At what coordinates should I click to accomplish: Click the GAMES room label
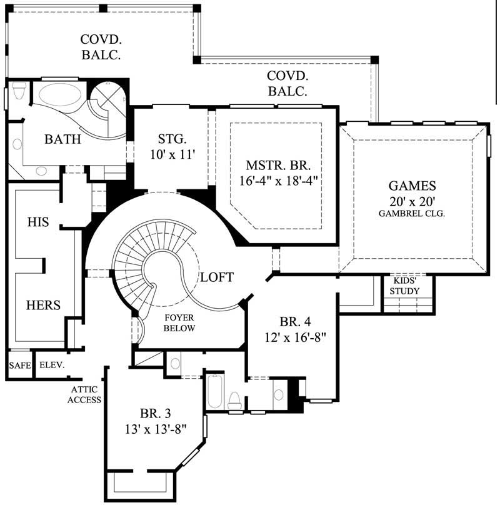click(412, 186)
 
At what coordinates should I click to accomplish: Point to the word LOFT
click(217, 277)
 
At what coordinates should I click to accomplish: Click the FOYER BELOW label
click(179, 322)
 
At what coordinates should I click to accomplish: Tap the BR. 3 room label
click(156, 413)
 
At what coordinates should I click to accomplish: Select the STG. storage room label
click(171, 139)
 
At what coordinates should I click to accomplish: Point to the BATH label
click(62, 139)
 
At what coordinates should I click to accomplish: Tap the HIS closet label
click(38, 222)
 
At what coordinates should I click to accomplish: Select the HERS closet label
click(42, 305)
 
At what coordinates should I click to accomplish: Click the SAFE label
click(19, 366)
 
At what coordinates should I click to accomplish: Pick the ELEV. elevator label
click(52, 366)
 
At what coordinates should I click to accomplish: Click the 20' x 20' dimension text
click(412, 201)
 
